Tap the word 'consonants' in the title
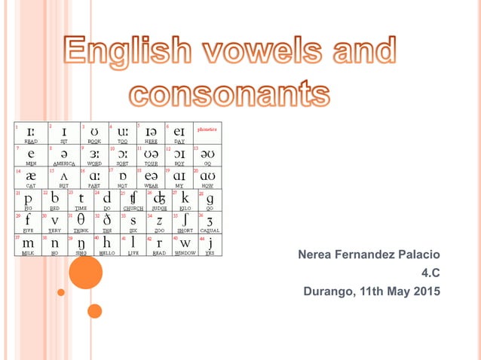229,93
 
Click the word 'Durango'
329,291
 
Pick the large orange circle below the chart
85,273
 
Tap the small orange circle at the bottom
94,310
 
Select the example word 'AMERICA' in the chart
63,163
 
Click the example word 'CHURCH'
133,208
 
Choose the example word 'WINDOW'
185,254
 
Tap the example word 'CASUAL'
209,230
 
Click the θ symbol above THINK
81,220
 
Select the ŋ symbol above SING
81,244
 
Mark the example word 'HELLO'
107,254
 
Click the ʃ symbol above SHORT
185,220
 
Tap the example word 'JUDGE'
159,208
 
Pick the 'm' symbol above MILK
28,244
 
